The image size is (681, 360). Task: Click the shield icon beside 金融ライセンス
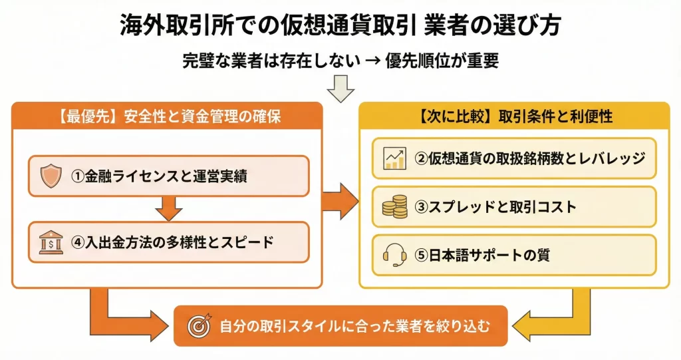click(51, 176)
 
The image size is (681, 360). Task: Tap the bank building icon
click(51, 242)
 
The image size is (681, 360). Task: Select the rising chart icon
click(394, 158)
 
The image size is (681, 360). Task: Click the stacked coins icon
click(394, 207)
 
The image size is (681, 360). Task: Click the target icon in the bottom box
click(199, 326)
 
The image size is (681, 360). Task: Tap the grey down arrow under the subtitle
click(340, 89)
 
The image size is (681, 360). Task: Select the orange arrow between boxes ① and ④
click(170, 209)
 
